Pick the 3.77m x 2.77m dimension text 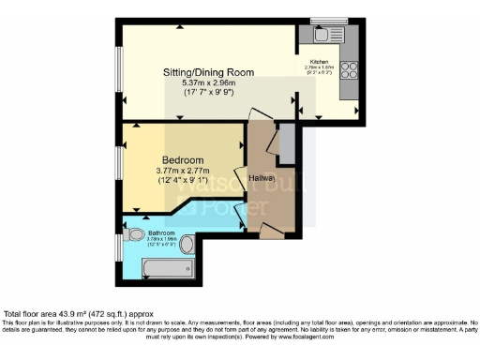[x=177, y=171]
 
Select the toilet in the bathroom [x=135, y=235]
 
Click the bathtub [x=169, y=271]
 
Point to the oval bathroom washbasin [x=186, y=245]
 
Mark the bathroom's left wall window [x=118, y=248]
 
